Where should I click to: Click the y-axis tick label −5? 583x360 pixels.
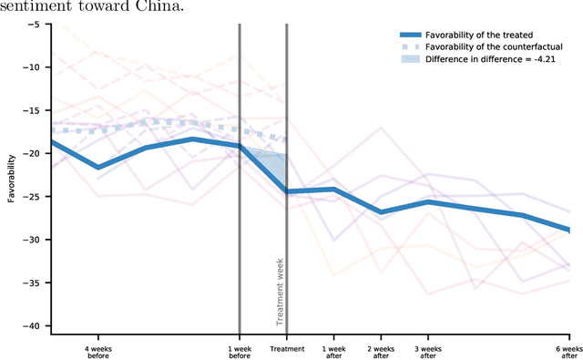point(33,24)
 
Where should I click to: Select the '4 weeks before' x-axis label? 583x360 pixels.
point(98,353)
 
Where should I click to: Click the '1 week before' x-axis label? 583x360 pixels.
point(240,353)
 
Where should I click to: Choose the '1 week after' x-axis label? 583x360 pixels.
point(333,353)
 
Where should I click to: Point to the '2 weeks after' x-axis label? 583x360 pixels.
point(381,353)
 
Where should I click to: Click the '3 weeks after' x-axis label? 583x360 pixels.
point(428,353)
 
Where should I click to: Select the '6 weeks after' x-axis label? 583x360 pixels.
point(568,353)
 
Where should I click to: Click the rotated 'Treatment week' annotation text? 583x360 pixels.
point(281,291)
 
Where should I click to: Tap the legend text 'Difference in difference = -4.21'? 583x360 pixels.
point(483,60)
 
